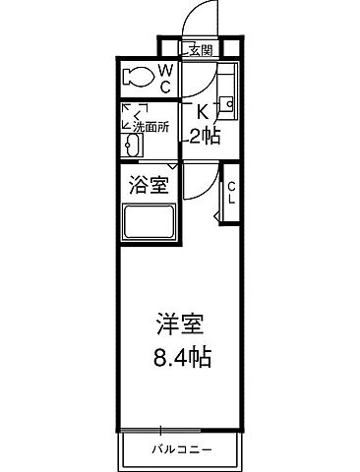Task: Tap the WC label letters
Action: point(165,76)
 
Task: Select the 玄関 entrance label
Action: point(199,50)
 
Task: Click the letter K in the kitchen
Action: point(203,111)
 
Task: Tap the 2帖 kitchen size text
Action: point(206,135)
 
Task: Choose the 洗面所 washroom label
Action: point(153,126)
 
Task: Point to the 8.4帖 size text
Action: point(180,355)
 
